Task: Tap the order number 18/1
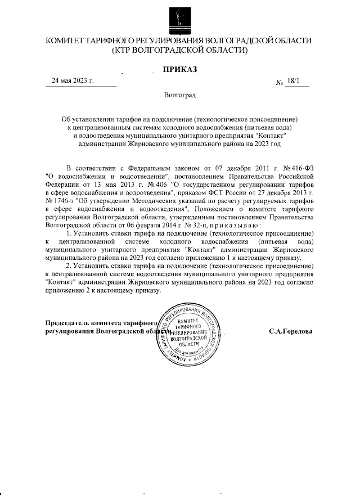(x=292, y=82)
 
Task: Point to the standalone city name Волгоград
(x=179, y=96)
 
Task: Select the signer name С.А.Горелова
(x=291, y=331)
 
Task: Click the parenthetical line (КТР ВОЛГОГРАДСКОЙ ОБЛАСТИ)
(x=179, y=51)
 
